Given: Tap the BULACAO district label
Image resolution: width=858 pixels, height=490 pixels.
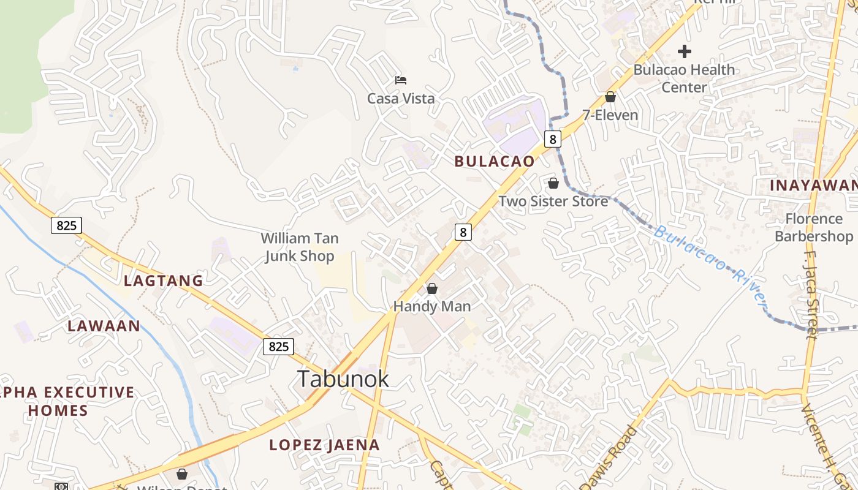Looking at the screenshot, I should tap(494, 161).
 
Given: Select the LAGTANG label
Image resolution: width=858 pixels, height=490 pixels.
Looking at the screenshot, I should tap(163, 281).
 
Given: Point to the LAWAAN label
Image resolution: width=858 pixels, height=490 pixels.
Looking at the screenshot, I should tap(104, 325).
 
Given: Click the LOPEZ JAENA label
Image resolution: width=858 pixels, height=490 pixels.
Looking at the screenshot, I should tap(324, 445).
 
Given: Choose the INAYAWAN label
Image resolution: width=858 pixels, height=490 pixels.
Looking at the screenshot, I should tap(813, 185).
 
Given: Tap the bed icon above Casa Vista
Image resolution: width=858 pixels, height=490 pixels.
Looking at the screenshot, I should tap(401, 80).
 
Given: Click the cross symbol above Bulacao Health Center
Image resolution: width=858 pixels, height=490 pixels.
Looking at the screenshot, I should tap(685, 51).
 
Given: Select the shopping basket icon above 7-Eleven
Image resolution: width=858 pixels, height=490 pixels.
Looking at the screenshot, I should tap(610, 97).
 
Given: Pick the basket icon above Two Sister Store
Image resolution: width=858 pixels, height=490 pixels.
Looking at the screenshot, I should tap(553, 183).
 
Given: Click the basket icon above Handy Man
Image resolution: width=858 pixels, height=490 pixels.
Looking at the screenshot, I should tap(432, 288).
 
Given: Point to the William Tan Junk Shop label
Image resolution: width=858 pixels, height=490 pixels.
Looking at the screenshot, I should tap(300, 247).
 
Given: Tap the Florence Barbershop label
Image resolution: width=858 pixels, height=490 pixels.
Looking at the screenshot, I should tap(814, 227).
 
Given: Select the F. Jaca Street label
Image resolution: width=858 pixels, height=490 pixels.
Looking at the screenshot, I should tap(811, 293).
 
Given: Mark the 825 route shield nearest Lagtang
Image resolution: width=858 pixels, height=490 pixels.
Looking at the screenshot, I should tap(66, 225).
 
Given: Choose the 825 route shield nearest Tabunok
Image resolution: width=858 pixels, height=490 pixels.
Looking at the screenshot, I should tap(278, 346).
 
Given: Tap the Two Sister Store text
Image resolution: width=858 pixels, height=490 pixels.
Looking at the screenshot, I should tap(553, 201).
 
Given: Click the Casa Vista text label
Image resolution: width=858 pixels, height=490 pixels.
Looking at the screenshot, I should tap(401, 98).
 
